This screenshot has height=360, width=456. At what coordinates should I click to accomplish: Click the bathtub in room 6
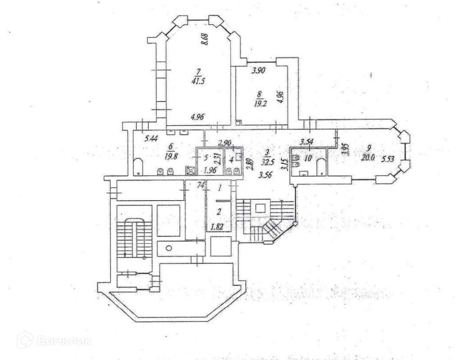pos(139,167)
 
